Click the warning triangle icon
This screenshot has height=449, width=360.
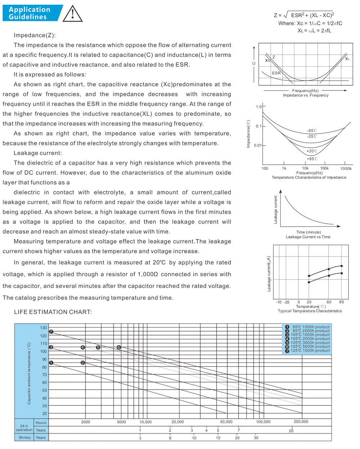click(x=73, y=13)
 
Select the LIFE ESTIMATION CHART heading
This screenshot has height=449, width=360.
click(x=53, y=312)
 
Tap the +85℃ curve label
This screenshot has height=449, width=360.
click(x=312, y=159)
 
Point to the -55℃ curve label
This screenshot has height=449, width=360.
click(x=312, y=130)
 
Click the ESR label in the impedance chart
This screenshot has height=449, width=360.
click(x=276, y=73)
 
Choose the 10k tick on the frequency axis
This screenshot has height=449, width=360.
click(x=305, y=168)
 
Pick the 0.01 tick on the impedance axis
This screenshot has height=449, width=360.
click(x=257, y=146)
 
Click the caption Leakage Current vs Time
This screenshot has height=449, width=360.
click(x=308, y=237)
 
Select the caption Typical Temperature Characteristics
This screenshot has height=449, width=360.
click(x=310, y=311)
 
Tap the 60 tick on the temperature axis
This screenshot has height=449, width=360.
click(x=329, y=302)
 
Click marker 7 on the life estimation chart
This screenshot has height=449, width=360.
click(x=51, y=332)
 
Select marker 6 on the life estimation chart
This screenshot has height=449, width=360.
click(x=119, y=347)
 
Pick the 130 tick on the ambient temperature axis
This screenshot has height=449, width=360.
click(x=43, y=328)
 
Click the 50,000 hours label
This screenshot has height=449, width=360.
click(x=226, y=422)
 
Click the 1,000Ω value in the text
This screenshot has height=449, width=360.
click(x=148, y=274)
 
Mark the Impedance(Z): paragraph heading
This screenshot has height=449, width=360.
click(x=35, y=35)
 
